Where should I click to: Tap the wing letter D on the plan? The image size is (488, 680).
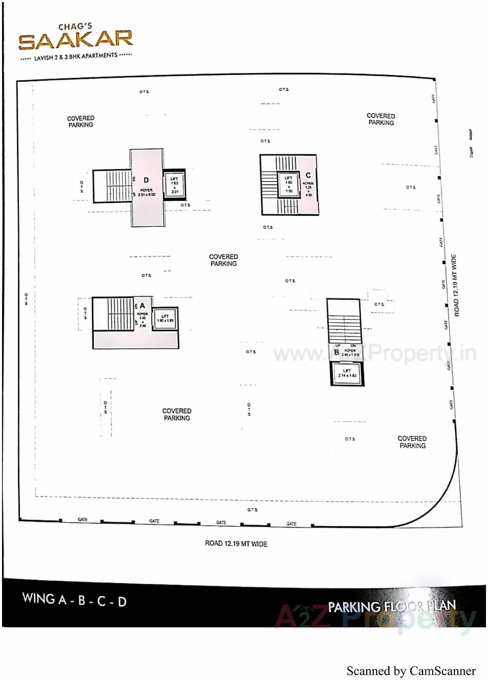click(146, 180)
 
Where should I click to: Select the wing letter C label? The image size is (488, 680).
click(308, 175)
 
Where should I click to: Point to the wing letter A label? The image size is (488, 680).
click(142, 306)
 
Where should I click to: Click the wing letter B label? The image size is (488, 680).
click(336, 352)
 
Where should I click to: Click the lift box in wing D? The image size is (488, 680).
click(174, 185)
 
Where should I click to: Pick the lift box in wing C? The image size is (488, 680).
click(289, 184)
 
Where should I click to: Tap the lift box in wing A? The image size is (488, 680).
click(165, 318)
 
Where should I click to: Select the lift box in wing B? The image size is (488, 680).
click(347, 373)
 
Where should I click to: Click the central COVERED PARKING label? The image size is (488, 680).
click(223, 260)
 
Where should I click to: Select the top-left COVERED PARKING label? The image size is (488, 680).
click(81, 122)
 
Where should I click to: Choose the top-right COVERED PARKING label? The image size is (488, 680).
click(381, 119)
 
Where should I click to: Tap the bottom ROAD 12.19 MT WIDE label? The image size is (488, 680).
click(236, 544)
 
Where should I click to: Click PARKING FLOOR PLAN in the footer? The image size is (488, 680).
click(392, 606)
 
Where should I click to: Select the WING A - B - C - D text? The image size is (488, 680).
click(74, 600)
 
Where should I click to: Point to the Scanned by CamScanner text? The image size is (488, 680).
click(411, 671)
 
